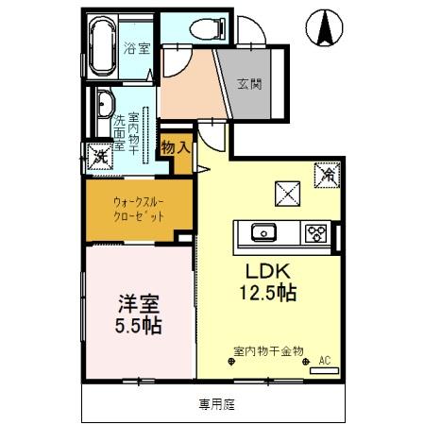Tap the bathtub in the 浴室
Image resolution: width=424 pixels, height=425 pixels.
(103, 45)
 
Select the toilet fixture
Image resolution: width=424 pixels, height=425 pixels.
(204, 29)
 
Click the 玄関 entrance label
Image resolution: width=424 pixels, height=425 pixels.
(250, 83)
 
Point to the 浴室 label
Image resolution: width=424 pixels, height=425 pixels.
(137, 47)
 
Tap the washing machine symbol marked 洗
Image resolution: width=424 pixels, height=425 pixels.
(97, 157)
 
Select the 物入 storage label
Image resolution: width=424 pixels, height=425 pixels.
(176, 147)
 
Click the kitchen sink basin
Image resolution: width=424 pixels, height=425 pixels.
(261, 231)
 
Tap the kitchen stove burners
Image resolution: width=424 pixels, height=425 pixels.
(315, 232)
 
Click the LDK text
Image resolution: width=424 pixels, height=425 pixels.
(266, 268)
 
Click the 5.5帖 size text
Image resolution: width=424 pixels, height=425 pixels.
(138, 327)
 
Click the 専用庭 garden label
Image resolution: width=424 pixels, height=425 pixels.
(216, 404)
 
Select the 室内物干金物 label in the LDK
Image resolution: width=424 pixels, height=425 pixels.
(268, 350)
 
